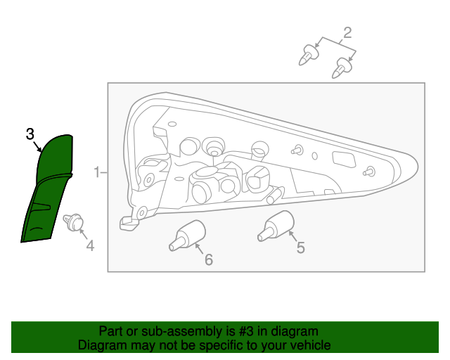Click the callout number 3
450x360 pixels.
point(30,134)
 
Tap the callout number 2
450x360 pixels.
point(347,32)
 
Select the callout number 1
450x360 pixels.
point(97,172)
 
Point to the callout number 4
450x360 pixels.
point(90,245)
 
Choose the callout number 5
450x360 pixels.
point(300,247)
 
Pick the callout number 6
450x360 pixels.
point(208,259)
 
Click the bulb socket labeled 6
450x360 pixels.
point(188,234)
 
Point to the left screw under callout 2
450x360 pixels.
point(307,55)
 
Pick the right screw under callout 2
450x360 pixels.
point(342,68)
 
